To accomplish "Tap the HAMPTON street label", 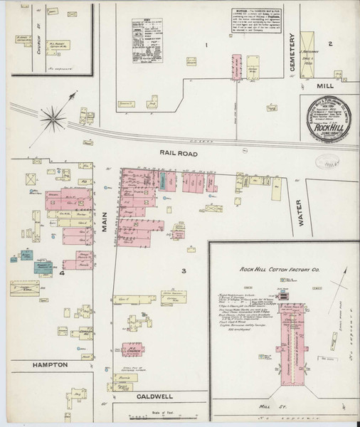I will tap(48, 364).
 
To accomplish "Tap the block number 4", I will tap(63, 272).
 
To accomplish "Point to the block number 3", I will tap(183, 270).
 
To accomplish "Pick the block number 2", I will tap(330, 43).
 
